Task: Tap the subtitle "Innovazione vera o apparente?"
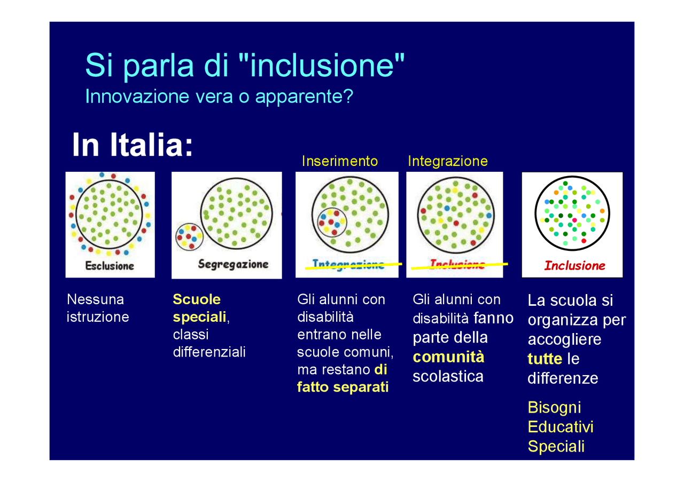click(x=219, y=97)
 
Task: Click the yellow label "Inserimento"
click(x=340, y=161)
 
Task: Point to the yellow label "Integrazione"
click(x=448, y=161)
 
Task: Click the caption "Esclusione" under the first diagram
click(x=110, y=265)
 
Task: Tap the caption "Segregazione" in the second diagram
click(x=233, y=264)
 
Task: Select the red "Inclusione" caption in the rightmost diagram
click(x=574, y=266)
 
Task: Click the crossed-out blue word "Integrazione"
click(x=348, y=265)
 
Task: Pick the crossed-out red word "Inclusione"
click(x=457, y=265)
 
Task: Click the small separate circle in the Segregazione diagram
click(x=189, y=237)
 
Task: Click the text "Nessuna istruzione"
click(x=98, y=308)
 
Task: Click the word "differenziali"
click(x=209, y=352)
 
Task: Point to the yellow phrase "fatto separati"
click(x=343, y=387)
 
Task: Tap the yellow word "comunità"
click(x=448, y=357)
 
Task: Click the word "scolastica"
click(x=448, y=376)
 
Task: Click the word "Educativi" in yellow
click(x=561, y=427)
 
